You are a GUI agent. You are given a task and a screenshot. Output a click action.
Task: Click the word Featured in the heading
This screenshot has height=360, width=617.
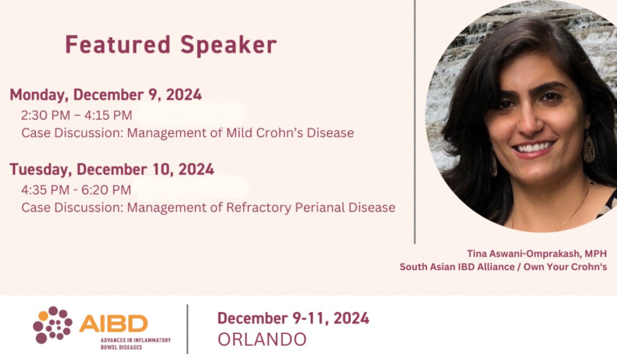[x=110, y=45]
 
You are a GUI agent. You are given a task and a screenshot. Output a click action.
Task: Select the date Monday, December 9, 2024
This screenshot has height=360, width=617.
[x=106, y=95]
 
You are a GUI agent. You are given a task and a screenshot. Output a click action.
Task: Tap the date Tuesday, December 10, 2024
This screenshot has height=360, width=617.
[x=112, y=169]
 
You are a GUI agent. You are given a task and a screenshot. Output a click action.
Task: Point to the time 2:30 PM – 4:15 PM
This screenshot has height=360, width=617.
[x=77, y=115]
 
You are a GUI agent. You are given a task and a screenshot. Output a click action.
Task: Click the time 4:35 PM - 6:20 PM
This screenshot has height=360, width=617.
[x=76, y=190]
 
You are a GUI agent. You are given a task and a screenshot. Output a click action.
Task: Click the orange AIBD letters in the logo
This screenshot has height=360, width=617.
[x=113, y=323]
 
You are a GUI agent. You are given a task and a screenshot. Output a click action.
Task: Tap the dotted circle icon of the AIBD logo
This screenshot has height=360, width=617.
[x=52, y=325]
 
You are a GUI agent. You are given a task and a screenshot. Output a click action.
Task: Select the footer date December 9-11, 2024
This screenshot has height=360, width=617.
[x=293, y=317]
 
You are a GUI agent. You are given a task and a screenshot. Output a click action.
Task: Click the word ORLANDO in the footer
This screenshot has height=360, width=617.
[x=262, y=339]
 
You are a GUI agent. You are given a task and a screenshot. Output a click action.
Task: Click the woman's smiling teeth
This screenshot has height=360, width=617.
[x=534, y=147]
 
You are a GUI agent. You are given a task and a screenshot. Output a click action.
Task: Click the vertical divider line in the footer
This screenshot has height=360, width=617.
[x=187, y=328]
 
